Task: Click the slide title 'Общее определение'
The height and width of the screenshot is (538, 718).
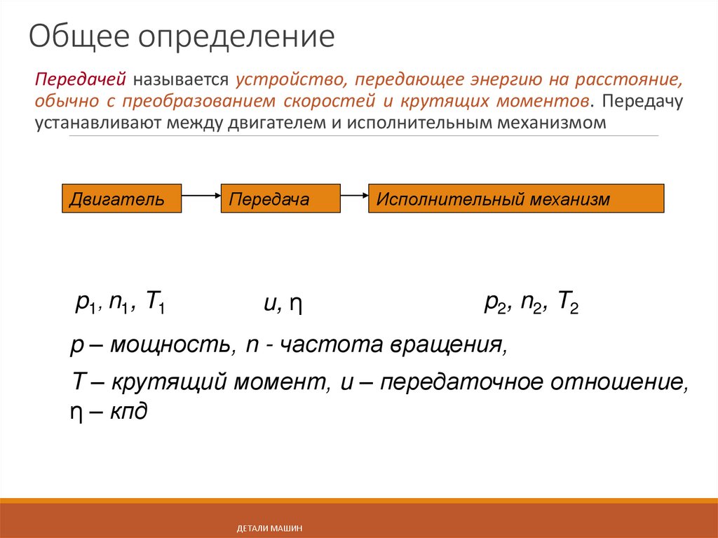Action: pyautogui.click(x=182, y=36)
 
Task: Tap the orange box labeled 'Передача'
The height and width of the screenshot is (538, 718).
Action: pyautogui.click(x=280, y=199)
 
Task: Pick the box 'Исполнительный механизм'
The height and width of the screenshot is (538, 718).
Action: pyautogui.click(x=515, y=199)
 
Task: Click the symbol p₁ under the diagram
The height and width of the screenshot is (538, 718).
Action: pyautogui.click(x=85, y=302)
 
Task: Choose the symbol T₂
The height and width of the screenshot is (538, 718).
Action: pyautogui.click(x=567, y=304)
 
